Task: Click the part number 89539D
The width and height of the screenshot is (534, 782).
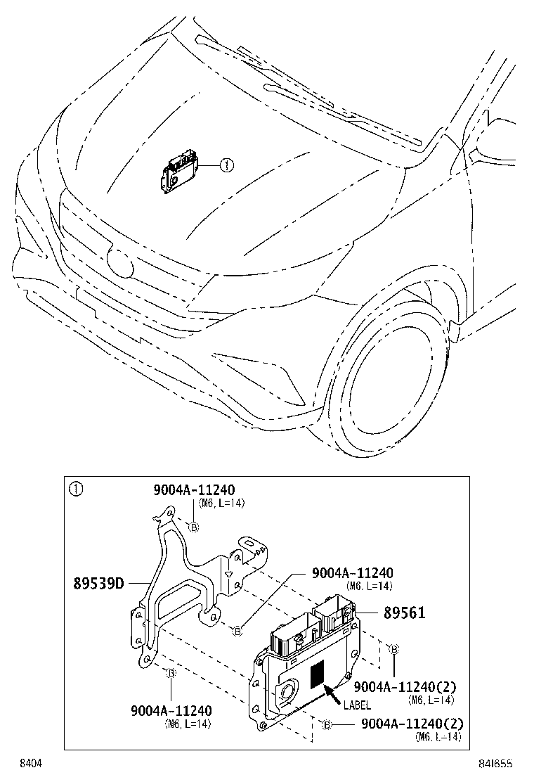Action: click(98, 583)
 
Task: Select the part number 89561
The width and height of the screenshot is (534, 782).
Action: click(404, 613)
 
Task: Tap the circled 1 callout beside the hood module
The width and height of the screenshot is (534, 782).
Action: click(226, 165)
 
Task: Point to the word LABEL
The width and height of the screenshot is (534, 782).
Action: click(357, 705)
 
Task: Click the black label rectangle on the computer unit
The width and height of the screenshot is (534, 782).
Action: click(318, 674)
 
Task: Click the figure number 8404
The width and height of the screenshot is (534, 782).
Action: click(30, 763)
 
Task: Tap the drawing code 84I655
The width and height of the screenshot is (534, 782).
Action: click(496, 763)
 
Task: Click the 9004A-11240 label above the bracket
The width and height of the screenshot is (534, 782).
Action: click(194, 490)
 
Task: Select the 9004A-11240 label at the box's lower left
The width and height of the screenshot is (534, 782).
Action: click(171, 711)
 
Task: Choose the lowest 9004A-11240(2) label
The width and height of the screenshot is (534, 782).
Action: click(412, 724)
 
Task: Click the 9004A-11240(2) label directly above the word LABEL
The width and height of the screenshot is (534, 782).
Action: click(405, 686)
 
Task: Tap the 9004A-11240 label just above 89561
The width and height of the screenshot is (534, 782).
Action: click(353, 573)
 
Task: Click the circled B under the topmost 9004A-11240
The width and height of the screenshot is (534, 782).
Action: click(194, 527)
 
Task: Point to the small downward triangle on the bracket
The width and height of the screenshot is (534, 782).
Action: click(228, 574)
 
